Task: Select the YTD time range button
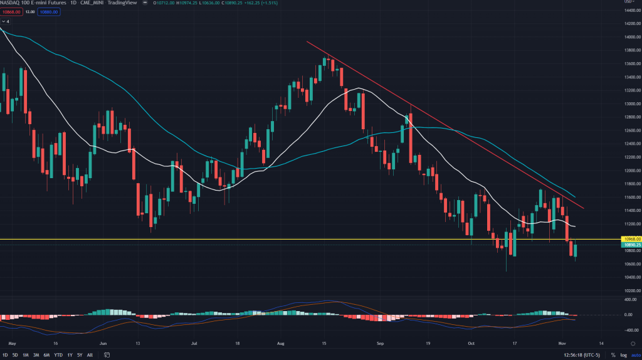pos(58,355)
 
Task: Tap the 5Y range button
pos(79,355)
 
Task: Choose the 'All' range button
pos(90,355)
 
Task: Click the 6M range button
pos(46,355)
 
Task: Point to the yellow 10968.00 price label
pos(629,239)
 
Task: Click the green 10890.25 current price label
pos(629,245)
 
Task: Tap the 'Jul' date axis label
pos(194,344)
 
